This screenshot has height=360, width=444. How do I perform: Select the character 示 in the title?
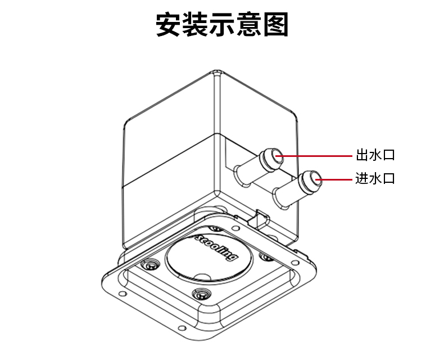(x=222, y=24)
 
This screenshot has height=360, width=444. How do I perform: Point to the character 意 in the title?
(x=248, y=24)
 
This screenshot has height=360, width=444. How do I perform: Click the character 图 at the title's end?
(x=275, y=24)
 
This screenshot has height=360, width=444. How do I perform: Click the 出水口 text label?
(x=375, y=155)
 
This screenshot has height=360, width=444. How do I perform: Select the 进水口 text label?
(x=375, y=178)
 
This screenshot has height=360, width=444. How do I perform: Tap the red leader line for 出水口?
(x=314, y=156)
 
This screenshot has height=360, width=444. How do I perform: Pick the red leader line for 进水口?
(x=334, y=179)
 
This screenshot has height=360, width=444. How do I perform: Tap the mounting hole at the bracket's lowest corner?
(x=182, y=328)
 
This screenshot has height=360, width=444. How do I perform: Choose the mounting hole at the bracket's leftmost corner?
(x=122, y=294)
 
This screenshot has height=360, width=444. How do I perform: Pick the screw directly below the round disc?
(x=201, y=294)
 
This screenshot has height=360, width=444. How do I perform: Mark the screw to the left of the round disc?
(x=150, y=265)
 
